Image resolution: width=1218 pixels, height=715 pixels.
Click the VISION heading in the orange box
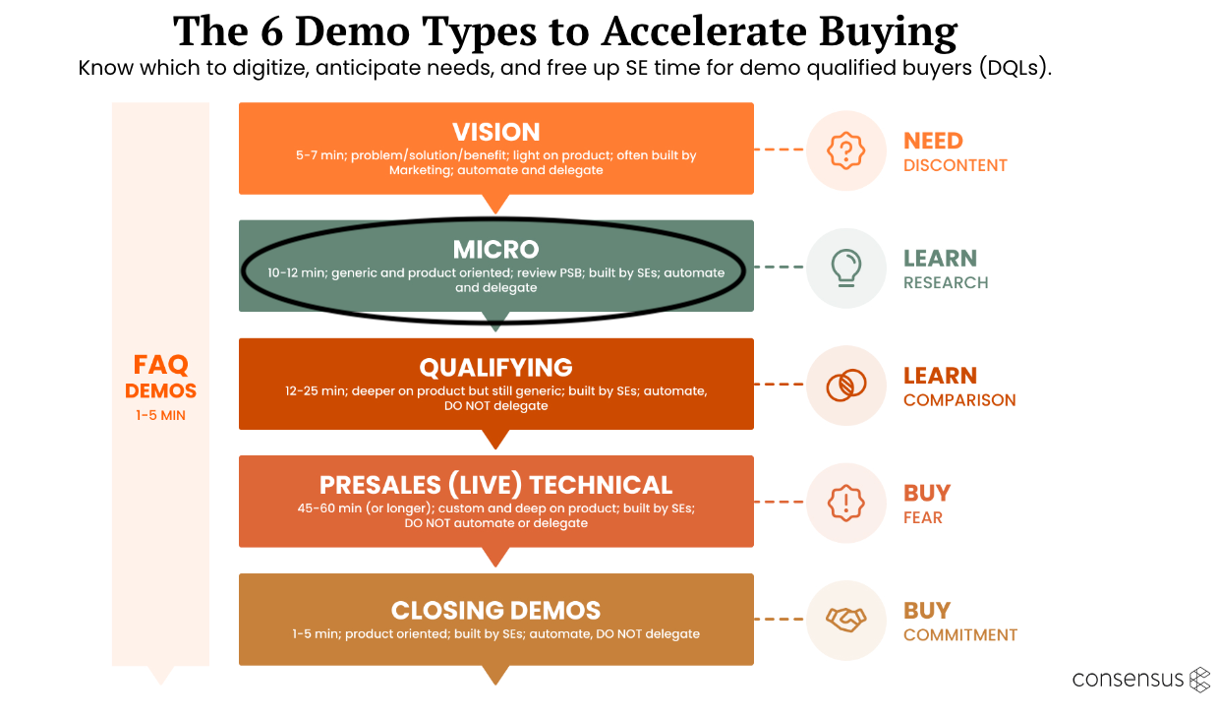point(495,133)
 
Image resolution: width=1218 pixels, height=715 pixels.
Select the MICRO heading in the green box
point(495,250)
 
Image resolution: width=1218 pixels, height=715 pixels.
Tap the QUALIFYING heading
point(495,368)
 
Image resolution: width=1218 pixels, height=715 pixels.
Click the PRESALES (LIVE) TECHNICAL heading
point(495,485)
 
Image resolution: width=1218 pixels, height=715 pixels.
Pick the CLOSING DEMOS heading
point(495,610)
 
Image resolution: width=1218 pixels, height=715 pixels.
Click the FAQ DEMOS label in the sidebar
point(160,377)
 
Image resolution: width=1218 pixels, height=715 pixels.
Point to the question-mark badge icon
point(844,149)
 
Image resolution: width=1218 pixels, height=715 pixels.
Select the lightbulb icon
point(845,267)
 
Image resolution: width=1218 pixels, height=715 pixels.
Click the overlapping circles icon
point(845,385)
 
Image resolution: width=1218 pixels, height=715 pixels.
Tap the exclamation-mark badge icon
point(845,502)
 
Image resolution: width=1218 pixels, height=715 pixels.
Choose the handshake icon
point(845,620)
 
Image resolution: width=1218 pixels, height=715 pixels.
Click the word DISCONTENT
point(955,165)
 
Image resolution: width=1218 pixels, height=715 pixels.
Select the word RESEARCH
point(946,283)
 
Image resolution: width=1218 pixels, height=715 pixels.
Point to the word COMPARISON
point(959,400)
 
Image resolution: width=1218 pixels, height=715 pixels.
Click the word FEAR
point(922,517)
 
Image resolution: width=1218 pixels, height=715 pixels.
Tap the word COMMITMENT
point(959,635)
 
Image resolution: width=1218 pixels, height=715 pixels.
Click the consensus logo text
point(1128,680)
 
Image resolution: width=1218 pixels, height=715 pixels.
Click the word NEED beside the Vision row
point(933,141)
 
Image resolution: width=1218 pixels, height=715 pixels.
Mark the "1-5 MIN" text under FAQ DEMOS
point(160,416)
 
